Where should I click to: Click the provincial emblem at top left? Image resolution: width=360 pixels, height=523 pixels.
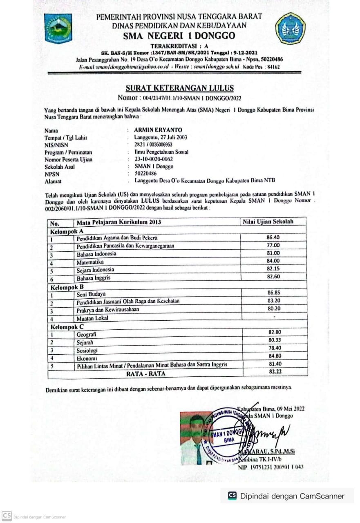[58, 28]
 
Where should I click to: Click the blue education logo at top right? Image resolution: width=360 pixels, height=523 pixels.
[291, 28]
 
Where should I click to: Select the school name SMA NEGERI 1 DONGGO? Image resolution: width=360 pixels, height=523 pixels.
[179, 36]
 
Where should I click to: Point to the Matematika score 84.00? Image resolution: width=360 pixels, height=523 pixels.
[273, 261]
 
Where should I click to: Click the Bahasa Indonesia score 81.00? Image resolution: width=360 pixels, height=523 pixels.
[273, 253]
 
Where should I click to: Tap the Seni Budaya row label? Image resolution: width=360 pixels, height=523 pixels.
[91, 294]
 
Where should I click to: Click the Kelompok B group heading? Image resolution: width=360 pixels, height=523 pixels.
[67, 287]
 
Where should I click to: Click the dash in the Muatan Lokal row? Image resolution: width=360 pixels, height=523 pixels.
[274, 317]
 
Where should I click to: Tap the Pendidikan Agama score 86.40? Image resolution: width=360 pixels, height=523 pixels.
[273, 237]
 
